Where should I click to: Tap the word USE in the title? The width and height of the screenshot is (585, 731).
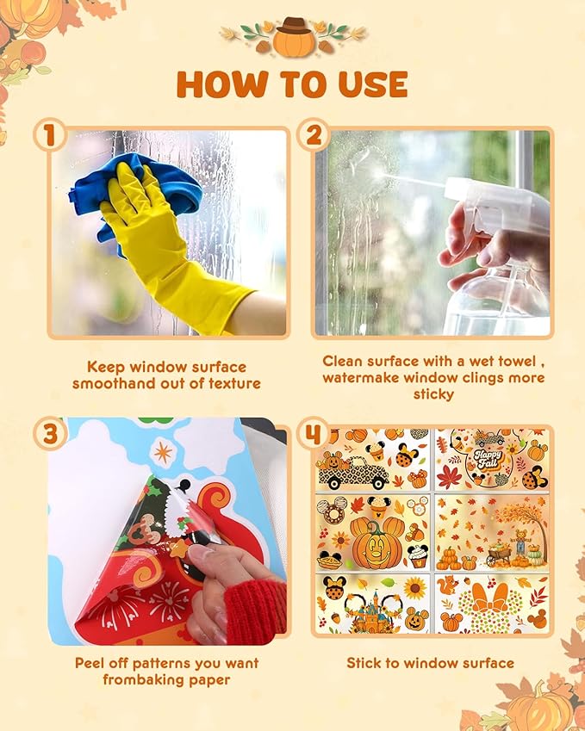373,84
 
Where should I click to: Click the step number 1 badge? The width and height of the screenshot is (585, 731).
49,136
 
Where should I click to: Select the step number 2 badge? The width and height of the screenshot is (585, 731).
314,135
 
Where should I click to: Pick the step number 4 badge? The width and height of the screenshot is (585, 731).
313,433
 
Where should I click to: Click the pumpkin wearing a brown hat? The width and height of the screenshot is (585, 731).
294,37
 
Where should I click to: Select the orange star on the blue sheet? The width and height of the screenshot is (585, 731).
163,453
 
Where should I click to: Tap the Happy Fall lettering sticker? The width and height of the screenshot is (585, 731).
489,459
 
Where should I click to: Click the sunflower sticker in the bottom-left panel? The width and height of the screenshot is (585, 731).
415,588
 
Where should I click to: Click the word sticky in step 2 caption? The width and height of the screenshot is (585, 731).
433,394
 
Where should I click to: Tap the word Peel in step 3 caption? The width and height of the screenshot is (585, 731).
90,663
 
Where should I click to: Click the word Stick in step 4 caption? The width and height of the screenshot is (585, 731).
364,663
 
